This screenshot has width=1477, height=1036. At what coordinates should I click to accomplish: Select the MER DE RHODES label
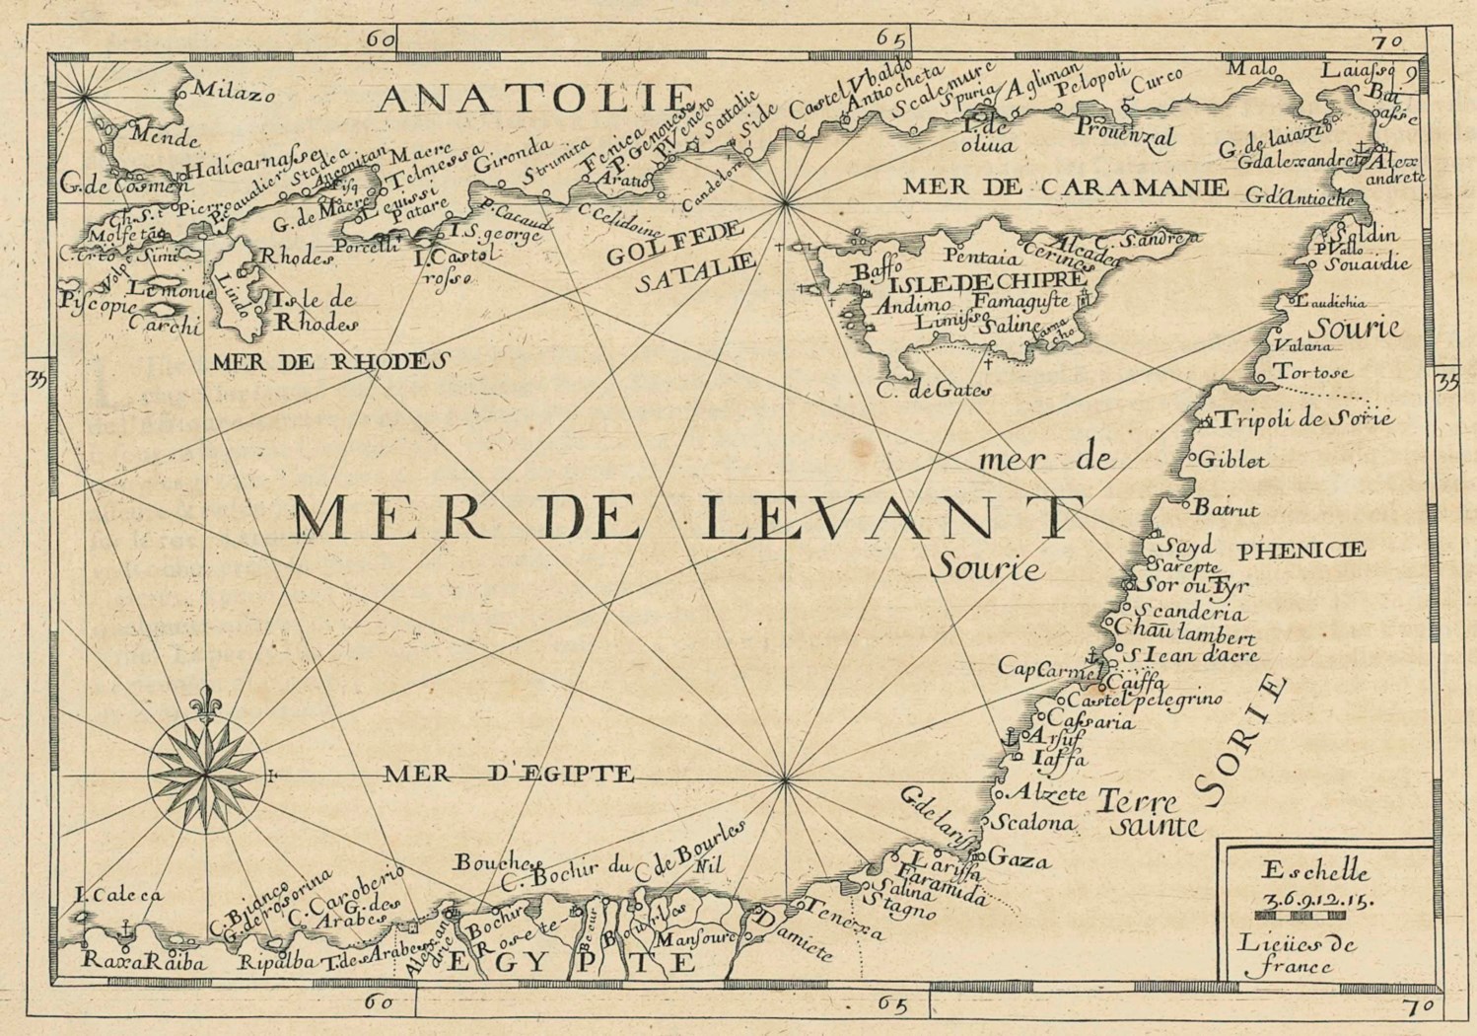tap(322, 362)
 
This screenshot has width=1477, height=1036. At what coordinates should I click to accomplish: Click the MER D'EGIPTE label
tap(509, 774)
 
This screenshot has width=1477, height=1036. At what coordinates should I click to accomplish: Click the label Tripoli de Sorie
tap(1305, 419)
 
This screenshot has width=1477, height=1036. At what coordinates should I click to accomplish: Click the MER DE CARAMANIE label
tap(1065, 186)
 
